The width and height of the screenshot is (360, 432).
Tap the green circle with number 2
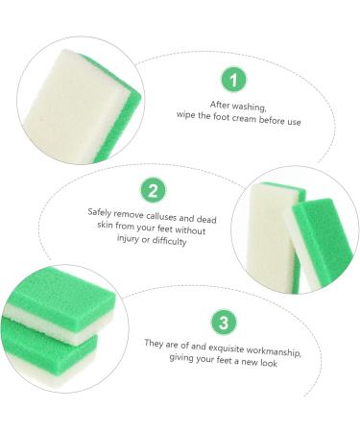[151, 190]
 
